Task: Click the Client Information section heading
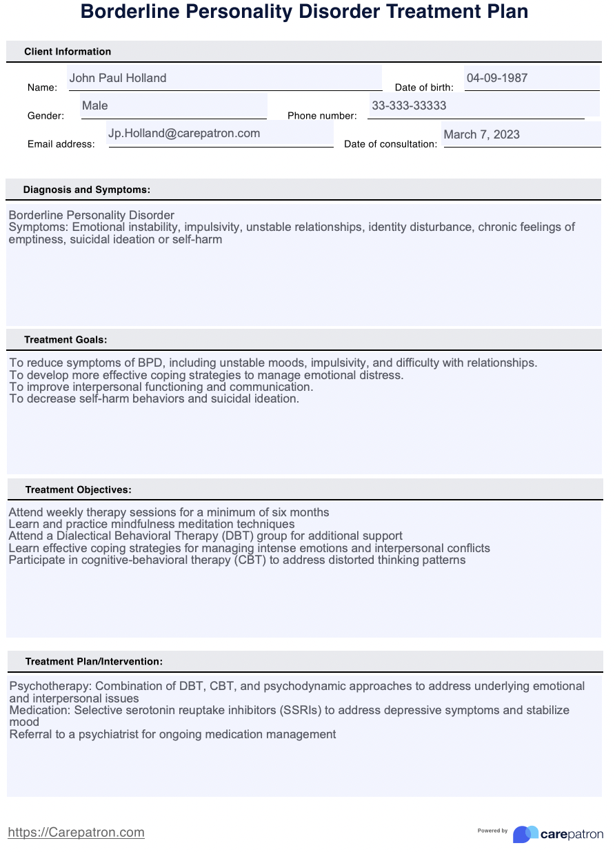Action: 68,52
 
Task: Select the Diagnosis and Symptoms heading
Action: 87,190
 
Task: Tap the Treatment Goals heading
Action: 65,340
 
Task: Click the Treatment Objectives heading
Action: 78,490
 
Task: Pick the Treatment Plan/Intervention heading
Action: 94,662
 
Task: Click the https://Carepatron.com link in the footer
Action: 76,833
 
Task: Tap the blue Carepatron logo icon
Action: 525,834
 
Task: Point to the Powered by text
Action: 492,831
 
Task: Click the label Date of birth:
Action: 424,88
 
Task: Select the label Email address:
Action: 61,144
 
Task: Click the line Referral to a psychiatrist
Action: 172,735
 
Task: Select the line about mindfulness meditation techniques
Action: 151,525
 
